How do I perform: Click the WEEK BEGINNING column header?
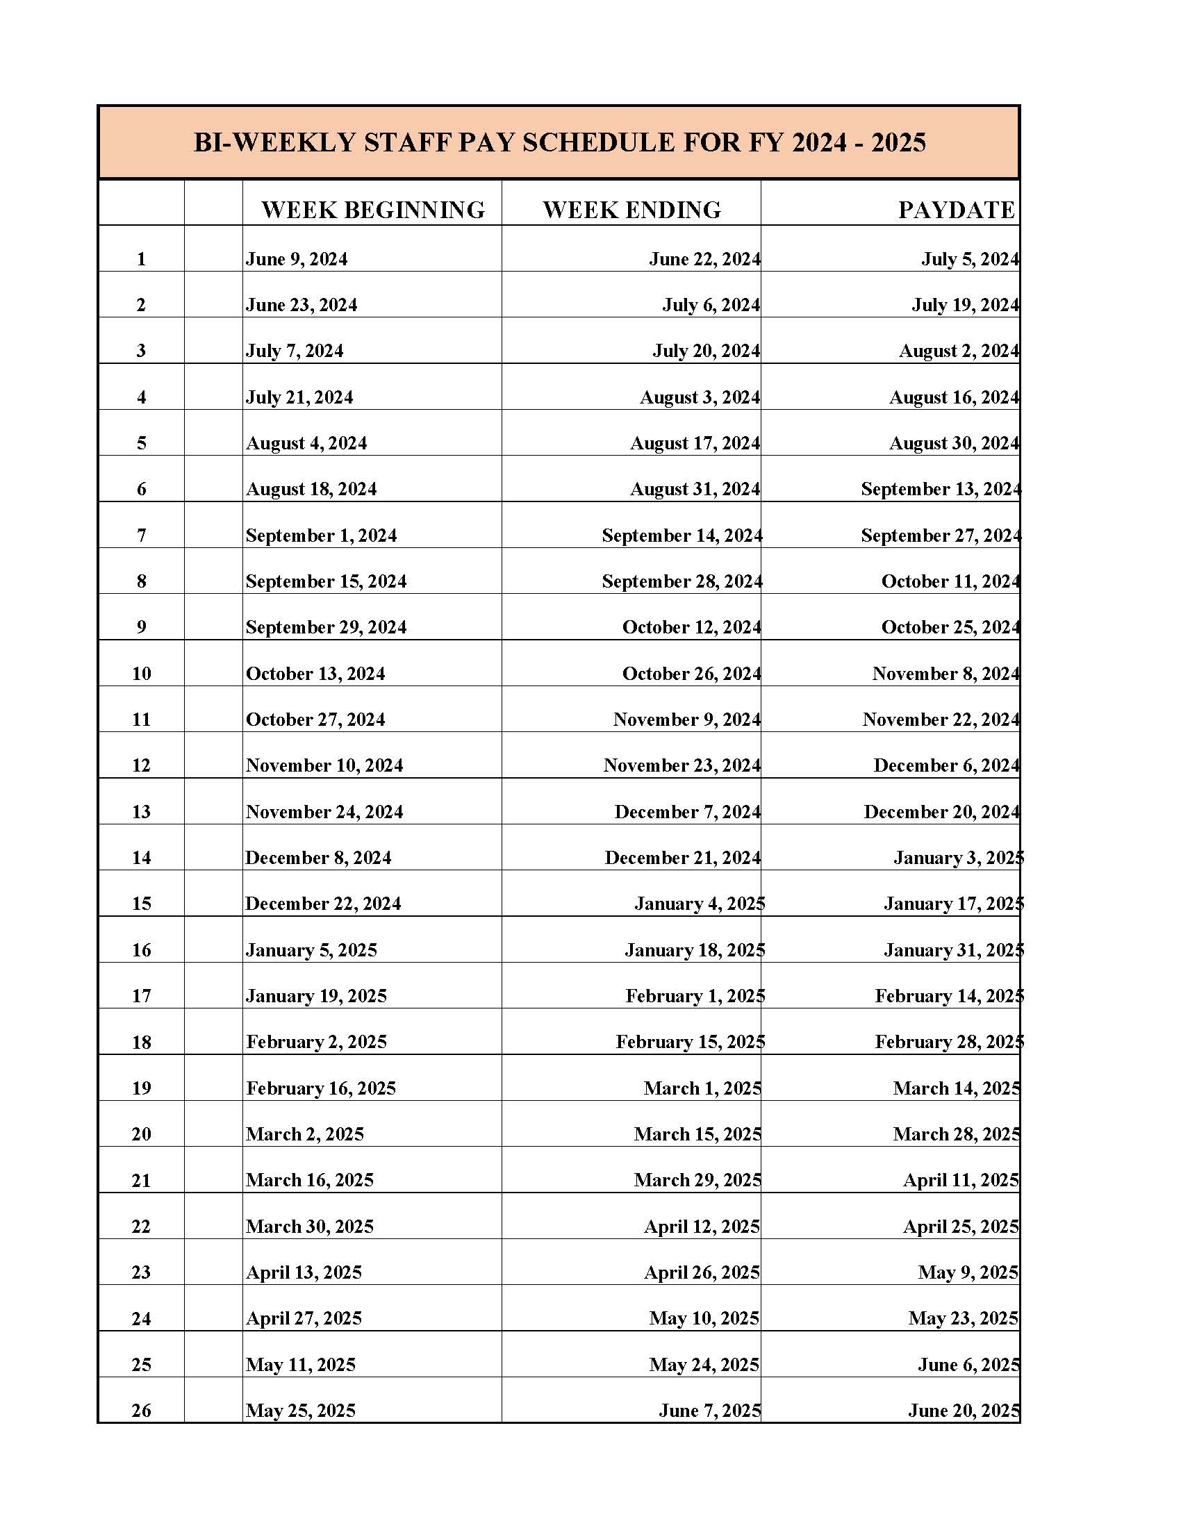(373, 210)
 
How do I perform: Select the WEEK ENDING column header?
(631, 210)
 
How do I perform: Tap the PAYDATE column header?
(957, 210)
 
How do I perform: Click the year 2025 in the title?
(898, 142)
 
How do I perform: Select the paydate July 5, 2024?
(970, 260)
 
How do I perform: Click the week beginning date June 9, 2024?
(297, 260)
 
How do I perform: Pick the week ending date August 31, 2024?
(695, 489)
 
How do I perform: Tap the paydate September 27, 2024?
(941, 536)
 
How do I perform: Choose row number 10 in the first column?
(141, 674)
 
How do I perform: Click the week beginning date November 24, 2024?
(324, 813)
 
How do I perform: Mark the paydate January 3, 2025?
(959, 858)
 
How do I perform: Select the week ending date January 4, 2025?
(700, 904)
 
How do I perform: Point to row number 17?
(141, 996)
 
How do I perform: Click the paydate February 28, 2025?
(950, 1043)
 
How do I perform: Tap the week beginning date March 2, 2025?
(305, 1134)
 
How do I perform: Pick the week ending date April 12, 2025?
(702, 1227)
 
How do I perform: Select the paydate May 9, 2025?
(968, 1272)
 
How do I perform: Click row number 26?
(141, 1411)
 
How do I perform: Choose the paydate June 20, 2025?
(964, 1411)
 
